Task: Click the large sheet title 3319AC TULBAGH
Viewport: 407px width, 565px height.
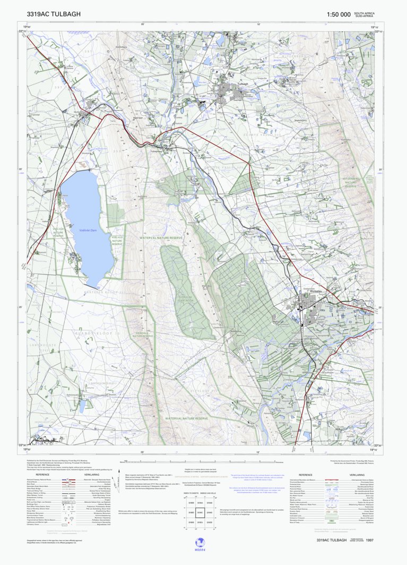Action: tap(54, 14)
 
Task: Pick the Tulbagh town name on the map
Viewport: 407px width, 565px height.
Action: tap(243, 84)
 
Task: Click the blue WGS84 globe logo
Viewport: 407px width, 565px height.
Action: tap(201, 542)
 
